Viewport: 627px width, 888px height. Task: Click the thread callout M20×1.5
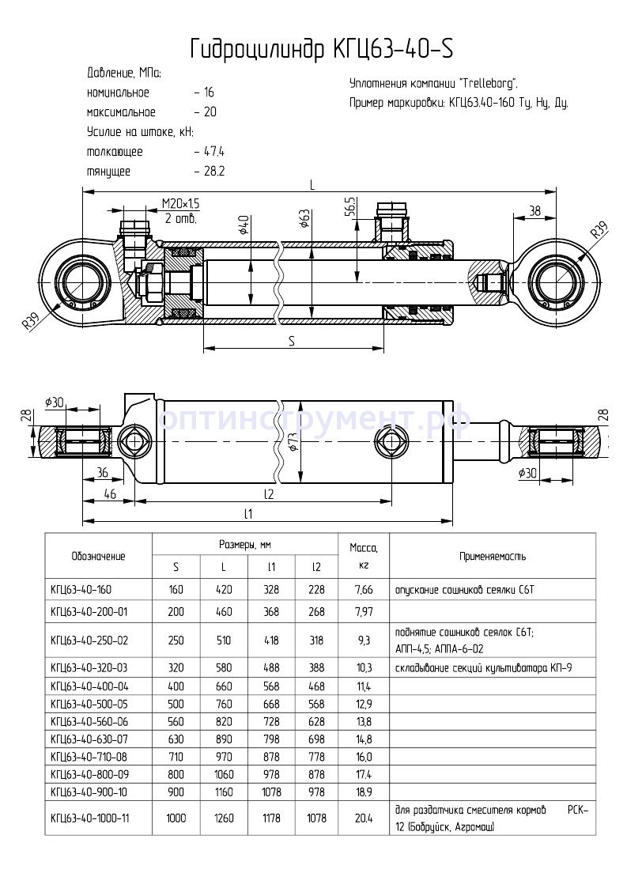click(x=180, y=204)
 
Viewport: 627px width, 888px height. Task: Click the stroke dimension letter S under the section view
click(x=292, y=341)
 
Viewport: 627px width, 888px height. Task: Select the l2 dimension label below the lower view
click(x=268, y=493)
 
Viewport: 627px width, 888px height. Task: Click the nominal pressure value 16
click(x=208, y=93)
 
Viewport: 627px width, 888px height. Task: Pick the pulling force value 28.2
click(x=213, y=171)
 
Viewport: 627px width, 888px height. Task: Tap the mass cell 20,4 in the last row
click(x=364, y=818)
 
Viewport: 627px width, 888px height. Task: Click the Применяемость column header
click(x=493, y=556)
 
